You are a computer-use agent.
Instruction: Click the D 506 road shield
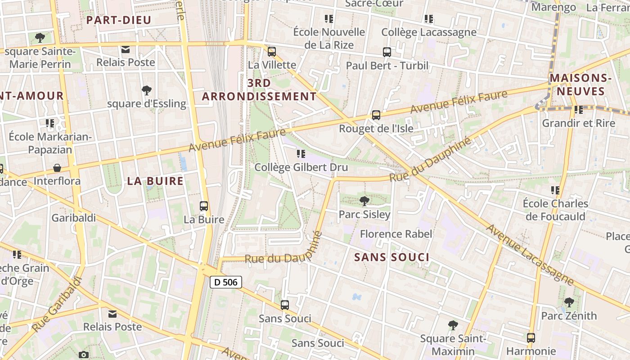(x=226, y=282)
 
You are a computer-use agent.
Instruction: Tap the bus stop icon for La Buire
(x=204, y=206)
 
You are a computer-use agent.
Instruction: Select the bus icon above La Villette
(x=271, y=51)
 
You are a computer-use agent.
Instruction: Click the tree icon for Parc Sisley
(x=364, y=201)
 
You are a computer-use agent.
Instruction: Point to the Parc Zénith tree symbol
(x=569, y=302)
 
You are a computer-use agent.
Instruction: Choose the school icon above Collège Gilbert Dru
(x=301, y=154)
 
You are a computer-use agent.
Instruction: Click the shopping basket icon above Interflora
(x=57, y=168)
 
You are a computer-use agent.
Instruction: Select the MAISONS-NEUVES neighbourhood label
(x=580, y=85)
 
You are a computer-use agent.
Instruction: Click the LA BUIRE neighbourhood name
(x=155, y=181)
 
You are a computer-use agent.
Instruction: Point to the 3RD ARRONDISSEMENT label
(x=259, y=90)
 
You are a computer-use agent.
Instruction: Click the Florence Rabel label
(x=396, y=234)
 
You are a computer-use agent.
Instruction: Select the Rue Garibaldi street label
(x=57, y=305)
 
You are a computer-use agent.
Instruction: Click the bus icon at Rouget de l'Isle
(x=376, y=115)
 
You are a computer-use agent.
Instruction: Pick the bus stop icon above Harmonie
(x=531, y=337)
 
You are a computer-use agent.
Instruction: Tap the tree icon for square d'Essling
(x=146, y=90)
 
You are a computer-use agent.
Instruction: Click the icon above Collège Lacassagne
(x=429, y=19)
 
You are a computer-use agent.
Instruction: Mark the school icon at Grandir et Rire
(x=578, y=109)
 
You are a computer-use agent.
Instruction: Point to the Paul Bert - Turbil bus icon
(x=387, y=52)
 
